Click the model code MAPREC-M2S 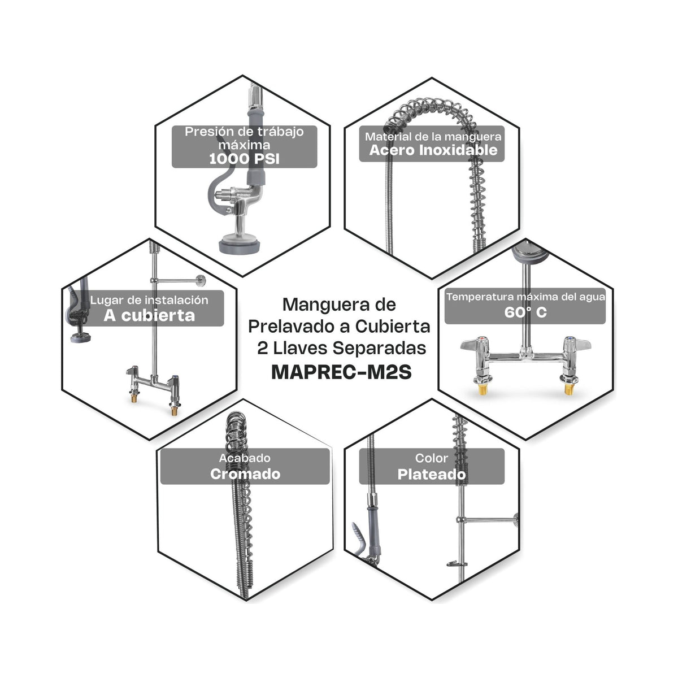(341, 372)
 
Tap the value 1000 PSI (244, 159)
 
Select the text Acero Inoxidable (433, 150)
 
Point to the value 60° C (525, 312)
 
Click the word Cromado (245, 474)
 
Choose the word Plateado (432, 474)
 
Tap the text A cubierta (149, 316)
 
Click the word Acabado (245, 458)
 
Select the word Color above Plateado (431, 458)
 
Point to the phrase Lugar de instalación (149, 300)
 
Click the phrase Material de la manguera (433, 137)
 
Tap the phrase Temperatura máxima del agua (525, 297)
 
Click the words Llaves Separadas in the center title (349, 349)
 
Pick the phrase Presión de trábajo (244, 132)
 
